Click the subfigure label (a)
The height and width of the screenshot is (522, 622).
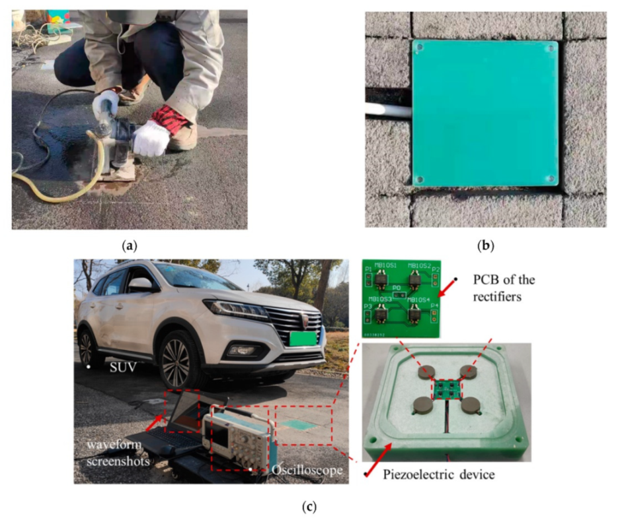click(130, 246)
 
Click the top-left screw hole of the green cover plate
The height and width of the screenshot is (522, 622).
click(418, 48)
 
